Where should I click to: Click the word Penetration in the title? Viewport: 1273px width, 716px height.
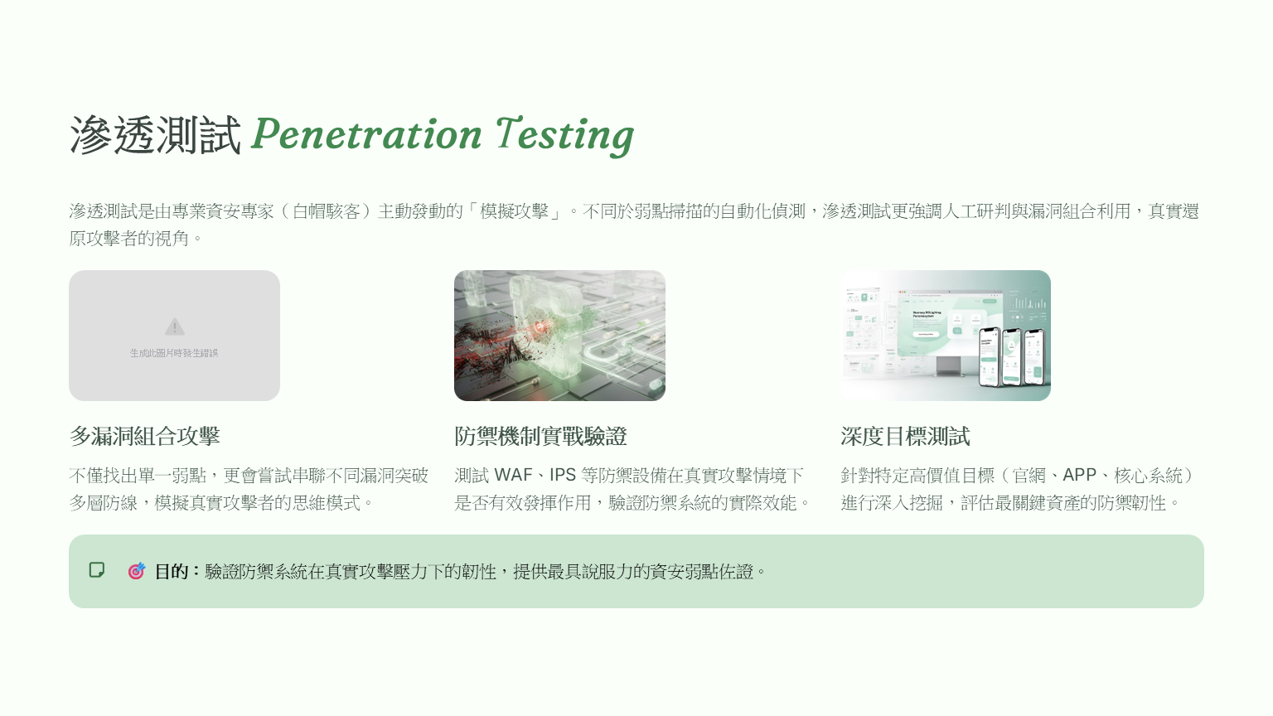click(x=366, y=135)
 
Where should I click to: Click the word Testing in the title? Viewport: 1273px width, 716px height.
click(x=565, y=137)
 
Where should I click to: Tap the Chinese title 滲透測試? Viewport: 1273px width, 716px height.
click(x=155, y=135)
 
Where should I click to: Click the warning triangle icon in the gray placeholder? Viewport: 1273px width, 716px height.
click(x=175, y=327)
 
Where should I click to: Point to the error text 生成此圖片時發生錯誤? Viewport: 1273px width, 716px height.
click(x=174, y=353)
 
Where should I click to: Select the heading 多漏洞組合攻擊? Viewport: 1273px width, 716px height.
click(x=144, y=437)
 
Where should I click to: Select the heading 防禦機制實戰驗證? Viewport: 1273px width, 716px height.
click(x=540, y=437)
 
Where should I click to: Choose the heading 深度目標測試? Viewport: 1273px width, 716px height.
click(x=905, y=437)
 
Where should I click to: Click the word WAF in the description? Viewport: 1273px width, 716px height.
click(x=513, y=475)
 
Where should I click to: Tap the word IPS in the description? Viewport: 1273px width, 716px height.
click(x=562, y=475)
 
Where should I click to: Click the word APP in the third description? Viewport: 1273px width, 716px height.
click(x=1079, y=475)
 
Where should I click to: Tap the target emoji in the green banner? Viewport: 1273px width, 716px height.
click(x=137, y=571)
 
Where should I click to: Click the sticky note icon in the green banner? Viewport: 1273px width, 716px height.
click(x=97, y=570)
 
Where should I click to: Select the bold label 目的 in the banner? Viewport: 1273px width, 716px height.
click(x=171, y=571)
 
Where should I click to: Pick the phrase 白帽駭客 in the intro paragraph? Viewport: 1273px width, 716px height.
click(x=327, y=211)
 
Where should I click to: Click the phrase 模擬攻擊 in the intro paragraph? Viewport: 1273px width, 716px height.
click(x=514, y=211)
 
